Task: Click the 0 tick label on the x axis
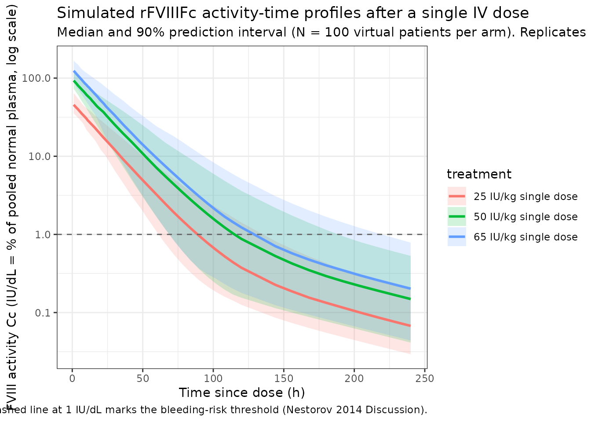tap(73, 378)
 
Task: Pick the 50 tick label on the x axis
tap(143, 378)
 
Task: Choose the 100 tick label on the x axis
tap(213, 378)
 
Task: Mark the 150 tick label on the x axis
tap(284, 378)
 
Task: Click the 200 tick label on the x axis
tap(354, 378)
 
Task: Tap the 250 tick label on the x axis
tap(425, 378)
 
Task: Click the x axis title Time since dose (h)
tap(242, 393)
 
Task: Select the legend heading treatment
tap(479, 175)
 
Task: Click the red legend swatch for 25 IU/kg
tap(457, 196)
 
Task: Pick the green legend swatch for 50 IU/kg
tap(457, 217)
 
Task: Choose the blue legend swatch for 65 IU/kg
tap(457, 237)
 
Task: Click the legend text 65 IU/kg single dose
tap(525, 237)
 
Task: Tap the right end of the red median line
tap(410, 326)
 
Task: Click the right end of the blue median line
tap(410, 288)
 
